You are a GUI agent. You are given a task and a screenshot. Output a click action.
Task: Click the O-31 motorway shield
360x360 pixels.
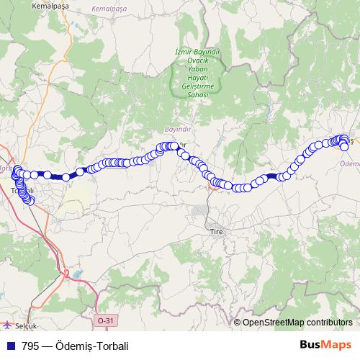click(104, 320)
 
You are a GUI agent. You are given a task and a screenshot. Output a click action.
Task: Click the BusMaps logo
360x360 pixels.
click(325, 345)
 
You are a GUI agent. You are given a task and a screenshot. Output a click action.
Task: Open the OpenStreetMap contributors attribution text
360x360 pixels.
click(297, 322)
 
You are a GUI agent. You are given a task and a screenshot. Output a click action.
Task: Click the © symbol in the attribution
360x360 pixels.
click(238, 322)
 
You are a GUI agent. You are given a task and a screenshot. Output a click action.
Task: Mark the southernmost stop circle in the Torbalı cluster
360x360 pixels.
click(30, 201)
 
